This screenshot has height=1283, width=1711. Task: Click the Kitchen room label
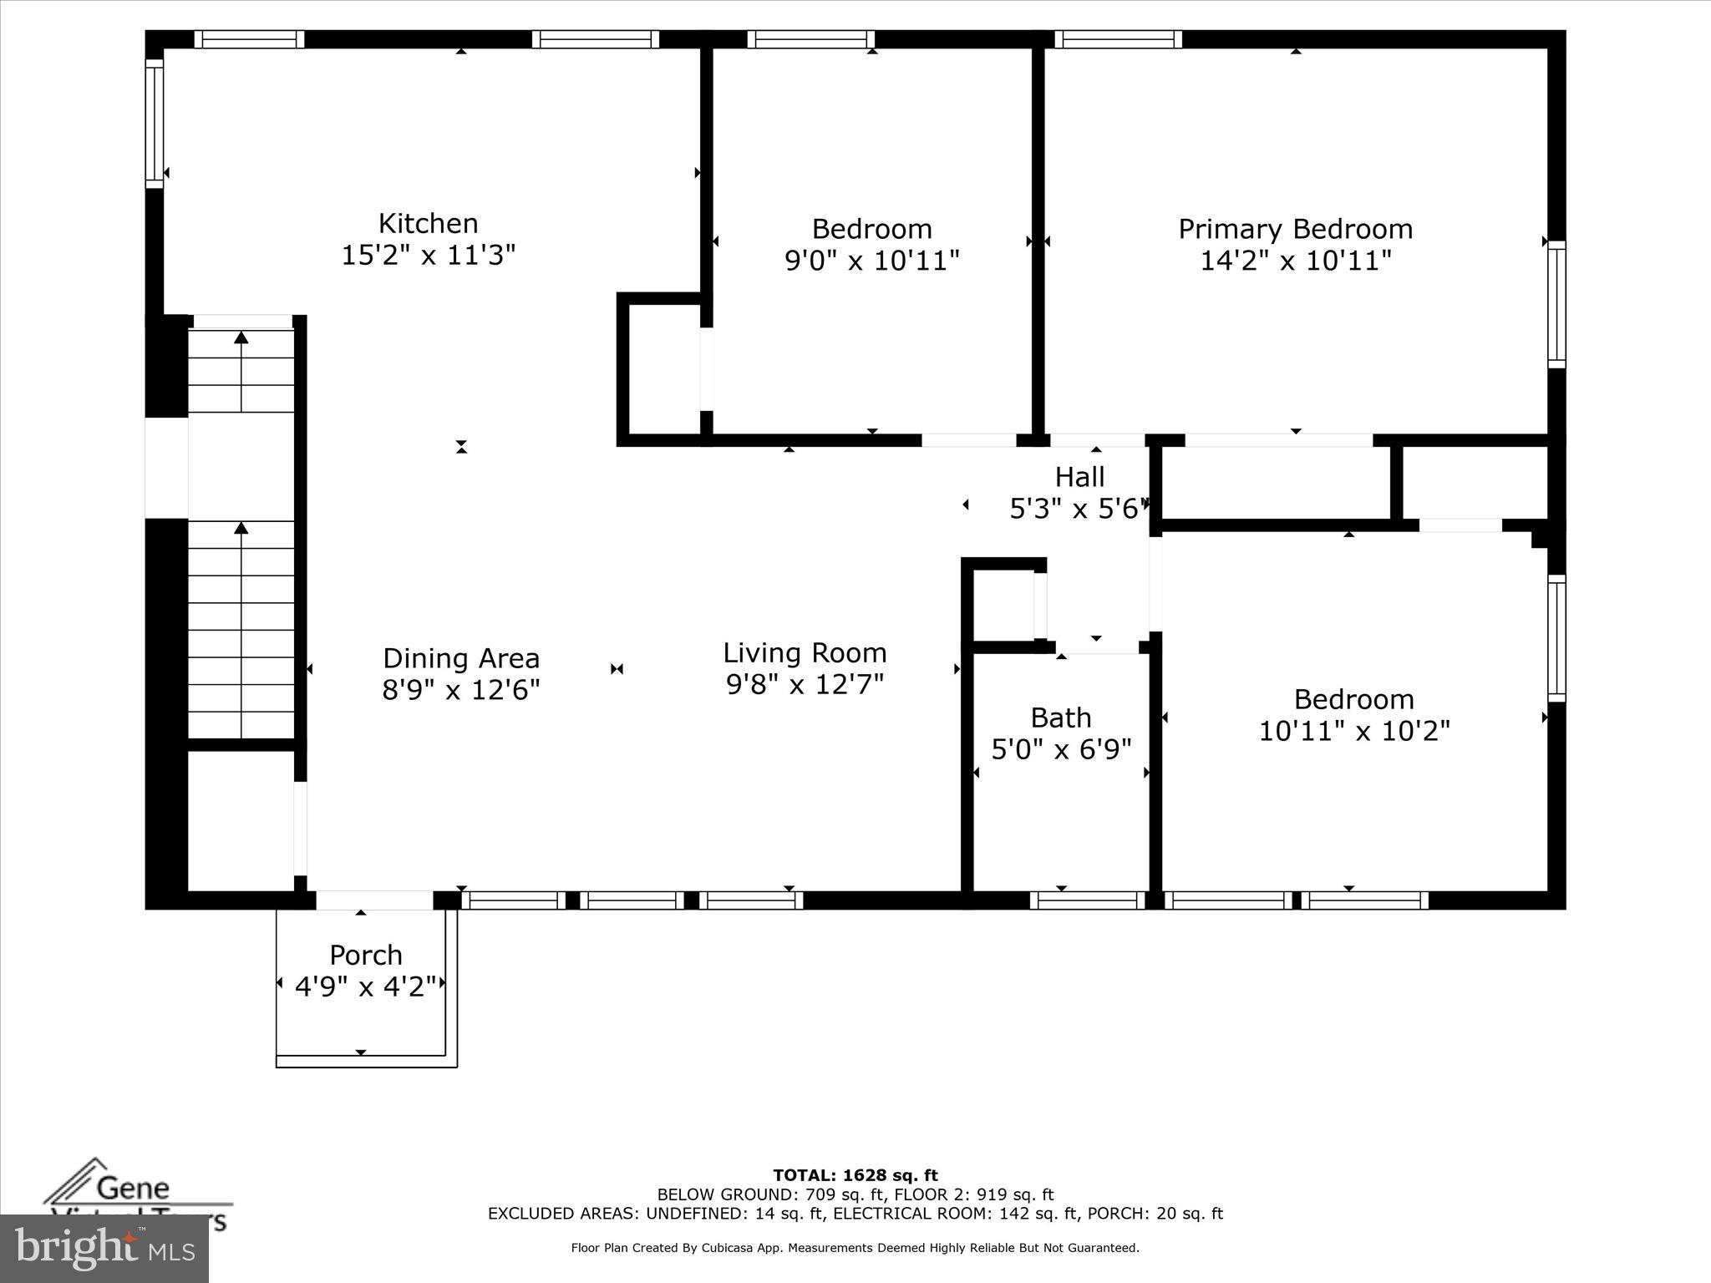coord(428,224)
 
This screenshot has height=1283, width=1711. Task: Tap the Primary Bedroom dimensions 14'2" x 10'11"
coord(1295,261)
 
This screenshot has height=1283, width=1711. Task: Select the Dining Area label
coord(461,658)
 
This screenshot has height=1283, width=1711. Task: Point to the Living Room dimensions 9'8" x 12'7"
coord(805,685)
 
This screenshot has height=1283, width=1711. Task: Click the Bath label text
coord(1060,718)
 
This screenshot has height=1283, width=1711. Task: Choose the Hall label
coord(1079,477)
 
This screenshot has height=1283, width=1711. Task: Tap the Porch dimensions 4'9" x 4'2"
coord(366,987)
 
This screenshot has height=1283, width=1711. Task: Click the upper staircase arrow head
coord(241,337)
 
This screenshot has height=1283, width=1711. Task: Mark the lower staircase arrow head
coord(241,528)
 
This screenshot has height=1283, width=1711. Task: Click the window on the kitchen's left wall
coord(155,123)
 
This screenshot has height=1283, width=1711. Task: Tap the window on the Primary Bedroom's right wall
coord(1556,304)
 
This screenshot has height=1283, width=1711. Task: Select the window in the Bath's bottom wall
coord(1087,900)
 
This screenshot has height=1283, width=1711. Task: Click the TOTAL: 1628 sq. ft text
coord(855,1175)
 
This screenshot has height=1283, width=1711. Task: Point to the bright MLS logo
coord(104,1249)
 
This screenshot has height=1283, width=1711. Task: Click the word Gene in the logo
coord(133,1188)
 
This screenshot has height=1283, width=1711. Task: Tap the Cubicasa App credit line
coord(855,1248)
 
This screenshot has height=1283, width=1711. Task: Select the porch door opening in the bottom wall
coord(374,900)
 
